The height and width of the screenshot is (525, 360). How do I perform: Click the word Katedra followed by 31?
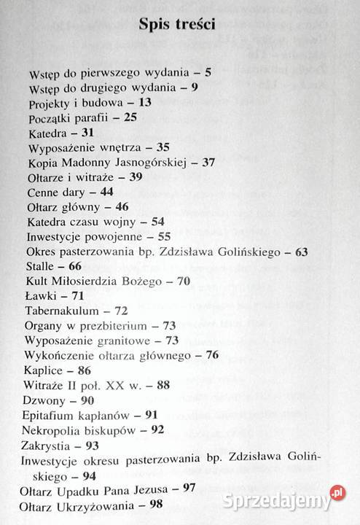(48, 133)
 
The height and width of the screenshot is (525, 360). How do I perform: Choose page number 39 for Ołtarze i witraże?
(136, 177)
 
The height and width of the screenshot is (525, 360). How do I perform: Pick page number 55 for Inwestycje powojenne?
(165, 237)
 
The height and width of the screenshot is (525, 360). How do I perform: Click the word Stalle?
(39, 267)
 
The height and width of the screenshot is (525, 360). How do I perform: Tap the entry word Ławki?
(40, 295)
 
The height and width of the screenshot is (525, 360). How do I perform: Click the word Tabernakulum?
(61, 311)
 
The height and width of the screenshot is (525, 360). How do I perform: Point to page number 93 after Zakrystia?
(92, 445)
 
